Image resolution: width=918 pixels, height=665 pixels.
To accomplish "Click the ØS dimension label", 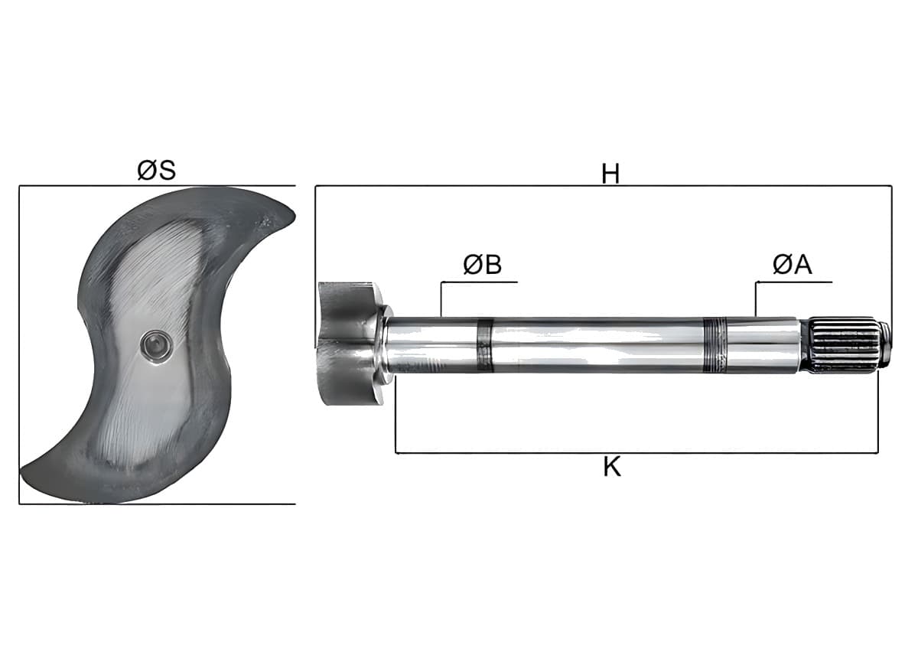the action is (x=157, y=170).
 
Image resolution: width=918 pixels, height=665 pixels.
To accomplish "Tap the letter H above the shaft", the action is (x=610, y=174).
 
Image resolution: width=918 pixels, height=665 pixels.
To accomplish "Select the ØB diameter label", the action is (x=483, y=265).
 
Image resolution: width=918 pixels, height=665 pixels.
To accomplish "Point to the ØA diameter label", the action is (x=793, y=265).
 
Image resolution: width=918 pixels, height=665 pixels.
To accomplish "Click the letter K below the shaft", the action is (x=612, y=467).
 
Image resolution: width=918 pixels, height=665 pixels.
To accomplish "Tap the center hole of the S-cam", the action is (x=156, y=347).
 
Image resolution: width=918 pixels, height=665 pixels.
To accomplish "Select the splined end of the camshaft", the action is (x=846, y=345).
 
